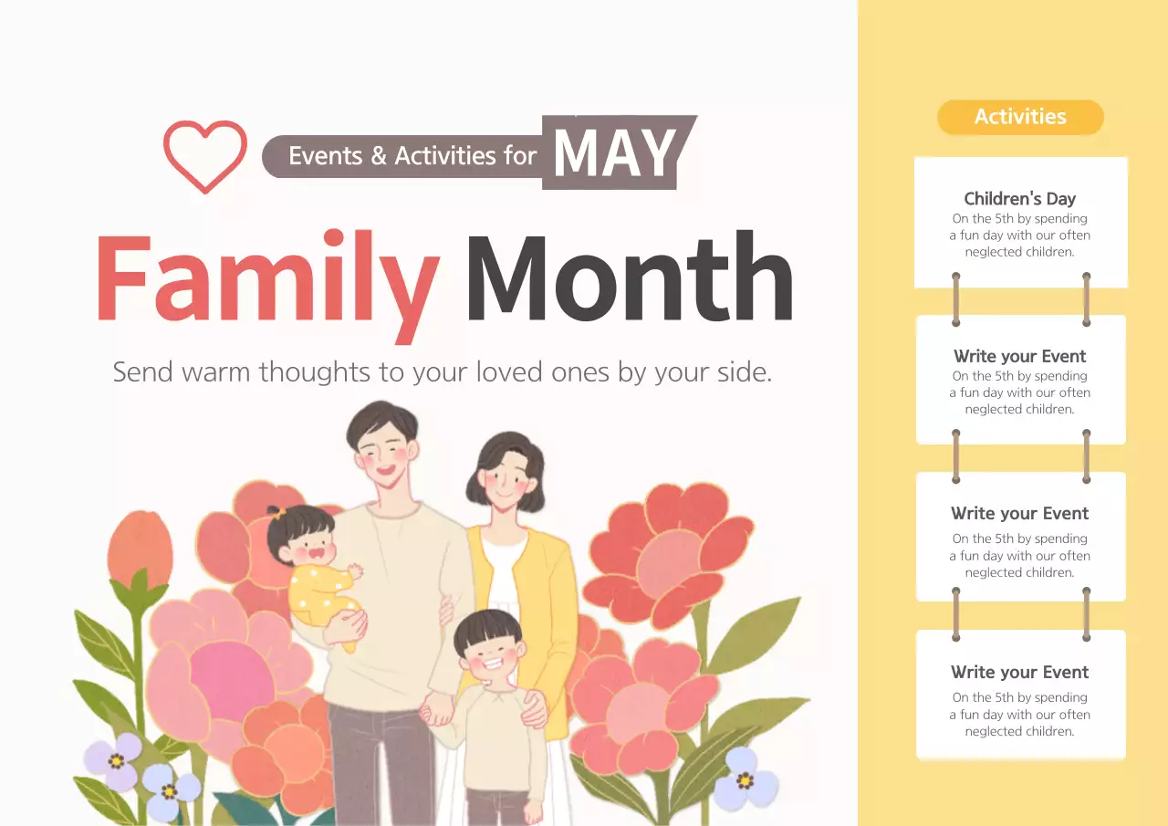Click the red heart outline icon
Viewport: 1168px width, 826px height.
[205, 155]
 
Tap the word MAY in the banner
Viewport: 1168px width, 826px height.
[614, 153]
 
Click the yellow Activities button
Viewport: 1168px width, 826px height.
[1020, 117]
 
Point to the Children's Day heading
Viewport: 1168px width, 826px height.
[1019, 198]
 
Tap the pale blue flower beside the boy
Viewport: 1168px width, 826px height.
[746, 778]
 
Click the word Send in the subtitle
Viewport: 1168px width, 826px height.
[141, 372]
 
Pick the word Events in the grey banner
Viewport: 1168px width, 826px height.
[326, 156]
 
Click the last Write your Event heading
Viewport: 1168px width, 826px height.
[1019, 672]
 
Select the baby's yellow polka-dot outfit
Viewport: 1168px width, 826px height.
[319, 592]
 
